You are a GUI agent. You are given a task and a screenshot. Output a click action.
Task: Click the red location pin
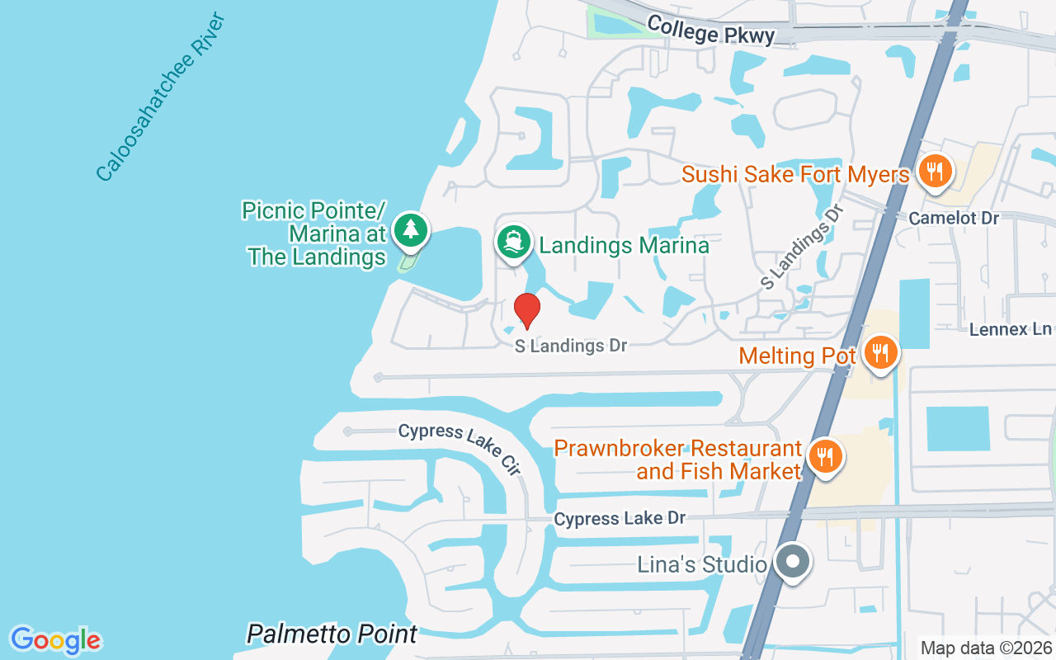tap(526, 310)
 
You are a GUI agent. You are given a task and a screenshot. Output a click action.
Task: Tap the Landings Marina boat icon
tap(513, 242)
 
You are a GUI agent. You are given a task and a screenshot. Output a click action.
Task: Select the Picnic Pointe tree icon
tap(410, 230)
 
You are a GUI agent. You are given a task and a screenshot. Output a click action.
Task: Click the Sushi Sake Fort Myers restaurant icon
tap(934, 172)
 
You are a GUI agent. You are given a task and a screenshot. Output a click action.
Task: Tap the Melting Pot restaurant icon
tap(881, 354)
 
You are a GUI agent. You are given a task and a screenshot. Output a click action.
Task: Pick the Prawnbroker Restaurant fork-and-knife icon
tap(823, 456)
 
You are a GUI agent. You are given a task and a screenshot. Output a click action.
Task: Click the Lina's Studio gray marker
tap(793, 563)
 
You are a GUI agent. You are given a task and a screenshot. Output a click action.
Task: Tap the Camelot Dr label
tap(954, 219)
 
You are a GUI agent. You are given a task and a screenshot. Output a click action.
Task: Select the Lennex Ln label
tap(1011, 329)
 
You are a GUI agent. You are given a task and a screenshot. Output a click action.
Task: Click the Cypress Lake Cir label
tap(460, 449)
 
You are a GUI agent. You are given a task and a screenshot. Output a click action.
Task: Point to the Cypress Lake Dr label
tap(620, 518)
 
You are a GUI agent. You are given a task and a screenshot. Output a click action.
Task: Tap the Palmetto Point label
tap(332, 634)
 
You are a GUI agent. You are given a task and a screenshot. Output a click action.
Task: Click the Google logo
tap(55, 640)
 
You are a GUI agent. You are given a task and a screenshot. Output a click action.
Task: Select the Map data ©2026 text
tap(986, 648)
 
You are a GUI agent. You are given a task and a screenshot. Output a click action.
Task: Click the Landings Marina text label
tap(624, 245)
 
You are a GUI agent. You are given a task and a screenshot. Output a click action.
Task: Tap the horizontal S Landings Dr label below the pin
tap(571, 346)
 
